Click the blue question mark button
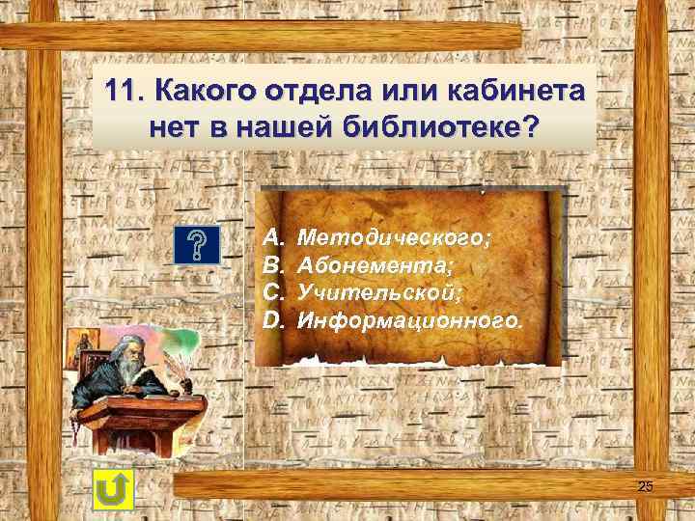pyautogui.click(x=201, y=246)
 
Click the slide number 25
pyautogui.click(x=645, y=486)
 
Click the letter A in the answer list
pyautogui.click(x=272, y=236)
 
